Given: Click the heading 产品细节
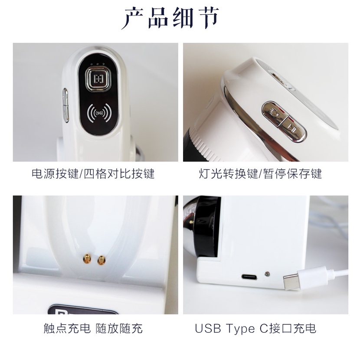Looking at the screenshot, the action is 170,18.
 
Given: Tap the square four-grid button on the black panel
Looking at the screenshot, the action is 98,79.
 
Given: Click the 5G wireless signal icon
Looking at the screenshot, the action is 99,113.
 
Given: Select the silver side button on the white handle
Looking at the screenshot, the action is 65,105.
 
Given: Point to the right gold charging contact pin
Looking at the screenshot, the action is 101,260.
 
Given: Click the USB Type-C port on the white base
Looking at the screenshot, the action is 249,277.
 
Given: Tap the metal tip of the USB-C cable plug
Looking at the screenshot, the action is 291,282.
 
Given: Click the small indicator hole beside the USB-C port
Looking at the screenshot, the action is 267,274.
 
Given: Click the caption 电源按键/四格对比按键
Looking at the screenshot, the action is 93,174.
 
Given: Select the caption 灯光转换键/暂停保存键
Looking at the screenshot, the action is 260,174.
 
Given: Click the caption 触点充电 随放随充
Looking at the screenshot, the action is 93,328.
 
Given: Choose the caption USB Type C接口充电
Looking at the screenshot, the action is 255,328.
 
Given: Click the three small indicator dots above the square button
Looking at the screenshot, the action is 98,64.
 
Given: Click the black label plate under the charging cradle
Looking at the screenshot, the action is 83,310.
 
